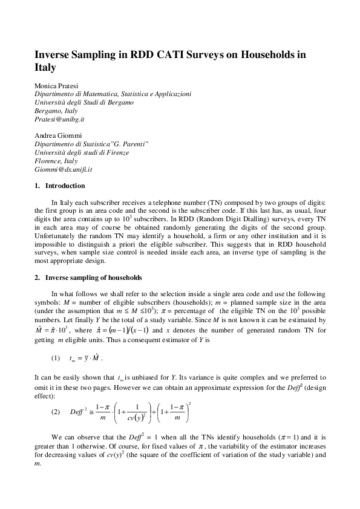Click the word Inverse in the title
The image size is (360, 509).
click(55, 54)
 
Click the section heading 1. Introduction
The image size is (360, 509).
click(59, 186)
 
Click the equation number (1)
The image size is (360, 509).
click(56, 358)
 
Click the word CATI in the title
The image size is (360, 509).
click(173, 54)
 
